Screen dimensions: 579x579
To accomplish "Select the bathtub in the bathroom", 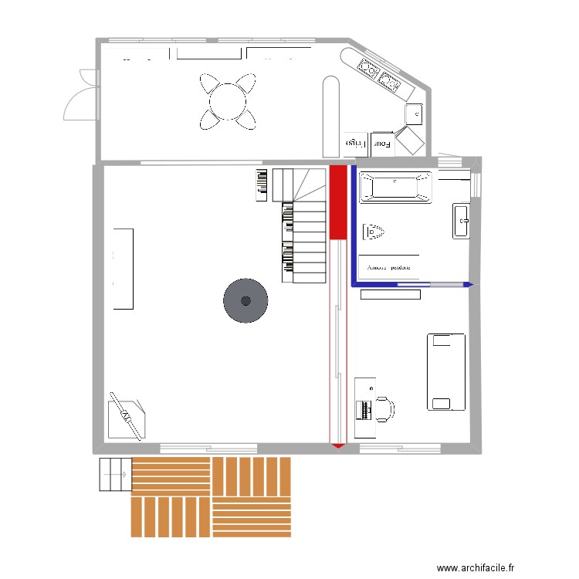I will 396,188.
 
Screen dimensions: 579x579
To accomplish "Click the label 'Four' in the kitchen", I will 383,143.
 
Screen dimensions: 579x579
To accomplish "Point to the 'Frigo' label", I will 354,143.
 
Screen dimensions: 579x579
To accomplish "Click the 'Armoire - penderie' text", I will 389,268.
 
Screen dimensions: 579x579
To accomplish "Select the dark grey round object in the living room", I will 245,300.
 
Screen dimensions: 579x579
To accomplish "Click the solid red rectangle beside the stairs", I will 337,202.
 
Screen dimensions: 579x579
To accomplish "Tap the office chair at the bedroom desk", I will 384,410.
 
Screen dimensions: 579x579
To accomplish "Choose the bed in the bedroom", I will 446,371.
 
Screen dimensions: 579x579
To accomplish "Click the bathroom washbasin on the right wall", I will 461,222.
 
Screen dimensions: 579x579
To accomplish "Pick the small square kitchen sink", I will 415,114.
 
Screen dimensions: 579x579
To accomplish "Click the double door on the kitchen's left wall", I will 82,94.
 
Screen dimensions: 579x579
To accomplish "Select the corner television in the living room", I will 125,417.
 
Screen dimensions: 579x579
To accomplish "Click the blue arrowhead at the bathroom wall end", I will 467,286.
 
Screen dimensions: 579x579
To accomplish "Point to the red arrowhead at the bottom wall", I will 337,445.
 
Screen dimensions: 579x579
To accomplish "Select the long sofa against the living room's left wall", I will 124,269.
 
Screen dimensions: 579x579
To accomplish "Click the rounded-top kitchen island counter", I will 330,116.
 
